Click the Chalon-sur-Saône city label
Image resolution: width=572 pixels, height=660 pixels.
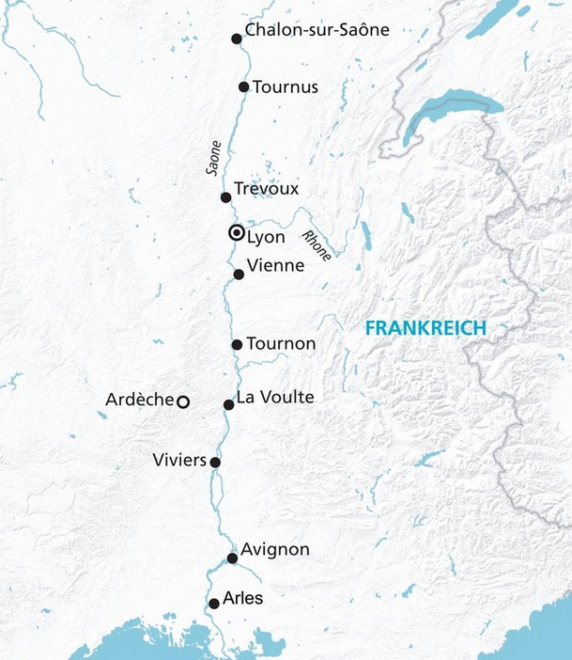click(317, 30)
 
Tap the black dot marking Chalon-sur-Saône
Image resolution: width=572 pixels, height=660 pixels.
click(237, 39)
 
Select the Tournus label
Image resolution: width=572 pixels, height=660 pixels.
click(286, 86)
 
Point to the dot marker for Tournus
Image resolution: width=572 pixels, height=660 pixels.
click(243, 86)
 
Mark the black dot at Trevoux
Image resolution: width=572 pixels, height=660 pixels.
click(225, 197)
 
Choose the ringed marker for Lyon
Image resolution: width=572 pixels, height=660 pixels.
click(237, 233)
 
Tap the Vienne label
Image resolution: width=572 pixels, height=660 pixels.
click(275, 266)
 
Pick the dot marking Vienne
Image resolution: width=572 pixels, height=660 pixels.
click(239, 275)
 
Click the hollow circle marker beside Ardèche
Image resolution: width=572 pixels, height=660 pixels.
click(184, 401)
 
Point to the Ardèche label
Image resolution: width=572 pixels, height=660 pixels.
click(139, 401)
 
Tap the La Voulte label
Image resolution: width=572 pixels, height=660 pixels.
click(274, 398)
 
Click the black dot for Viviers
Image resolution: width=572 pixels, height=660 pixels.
click(215, 463)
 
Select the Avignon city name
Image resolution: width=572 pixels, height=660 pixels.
click(274, 550)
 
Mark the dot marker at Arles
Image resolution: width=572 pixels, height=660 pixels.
click(214, 604)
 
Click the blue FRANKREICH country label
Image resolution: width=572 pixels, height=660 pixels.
click(425, 328)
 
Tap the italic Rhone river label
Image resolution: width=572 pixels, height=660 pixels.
click(316, 245)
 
